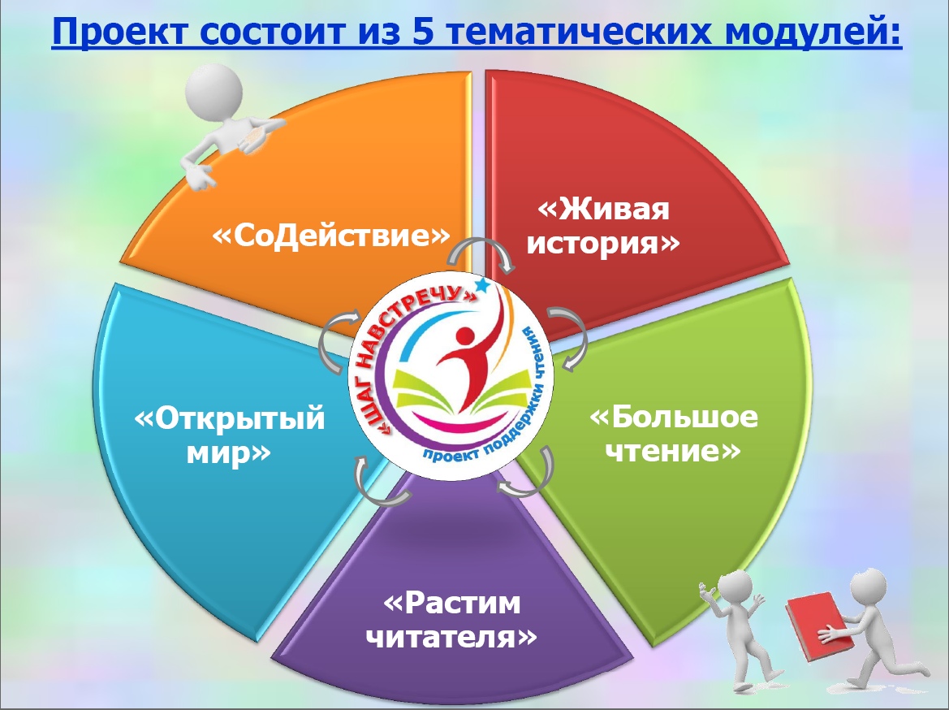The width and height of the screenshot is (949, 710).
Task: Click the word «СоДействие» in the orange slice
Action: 331,235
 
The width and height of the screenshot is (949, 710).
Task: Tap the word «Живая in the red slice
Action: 603,210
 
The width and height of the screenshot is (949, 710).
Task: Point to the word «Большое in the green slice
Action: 673,417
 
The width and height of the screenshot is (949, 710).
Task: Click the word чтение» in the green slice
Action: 673,451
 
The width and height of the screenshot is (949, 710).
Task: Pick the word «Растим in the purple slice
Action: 452,603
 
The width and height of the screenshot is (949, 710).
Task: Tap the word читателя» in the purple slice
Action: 452,637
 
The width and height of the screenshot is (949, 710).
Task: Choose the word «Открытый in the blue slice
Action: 230,418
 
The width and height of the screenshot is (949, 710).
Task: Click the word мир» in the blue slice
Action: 229,452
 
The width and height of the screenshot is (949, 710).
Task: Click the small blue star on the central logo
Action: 482,284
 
